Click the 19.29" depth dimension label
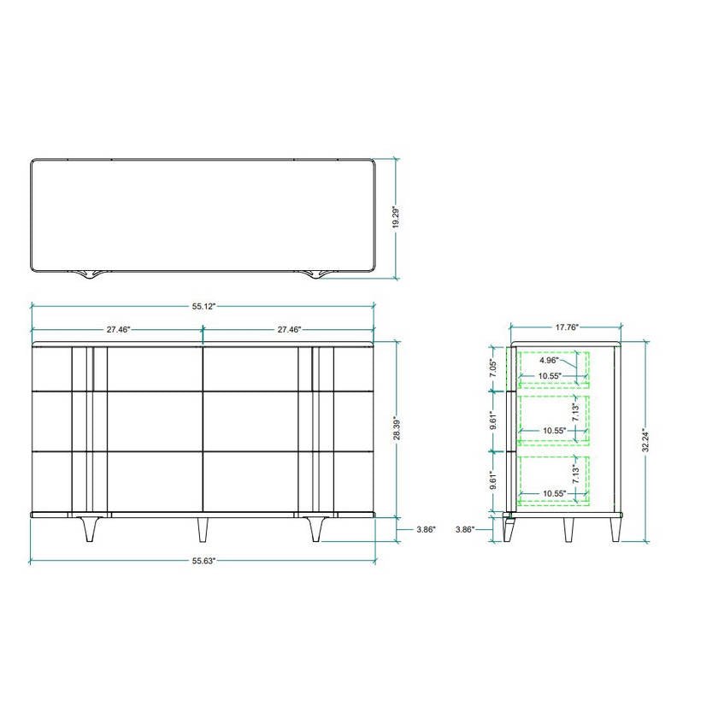coord(396,218)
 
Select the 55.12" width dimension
coord(203,306)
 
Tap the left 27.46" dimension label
coord(118,329)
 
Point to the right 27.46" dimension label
coord(289,329)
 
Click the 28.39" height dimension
coord(397,428)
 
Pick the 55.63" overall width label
coord(203,561)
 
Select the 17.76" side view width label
coord(567,327)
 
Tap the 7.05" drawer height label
coord(493,368)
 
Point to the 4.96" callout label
coord(549,360)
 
